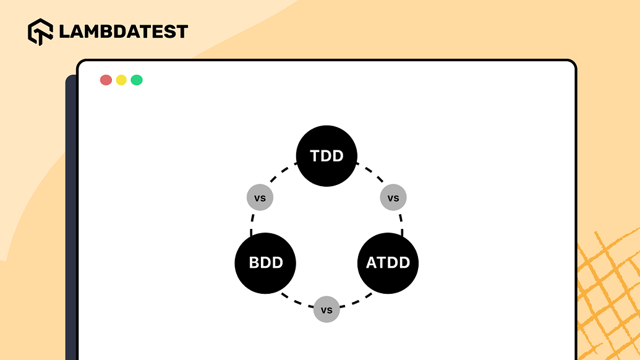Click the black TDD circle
tap(326, 156)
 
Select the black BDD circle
tap(265, 263)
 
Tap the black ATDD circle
tap(388, 263)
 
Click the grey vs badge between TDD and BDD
tap(260, 197)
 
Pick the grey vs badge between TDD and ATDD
tap(393, 197)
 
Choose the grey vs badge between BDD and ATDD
tap(326, 309)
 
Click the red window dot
tap(106, 80)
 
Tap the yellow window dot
tap(121, 80)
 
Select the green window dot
tap(137, 80)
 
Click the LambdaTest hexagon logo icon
tap(40, 32)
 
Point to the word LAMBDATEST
tap(123, 32)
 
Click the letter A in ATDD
tap(372, 262)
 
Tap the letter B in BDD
tap(254, 262)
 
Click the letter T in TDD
tap(315, 156)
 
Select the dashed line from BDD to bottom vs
tap(297, 301)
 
